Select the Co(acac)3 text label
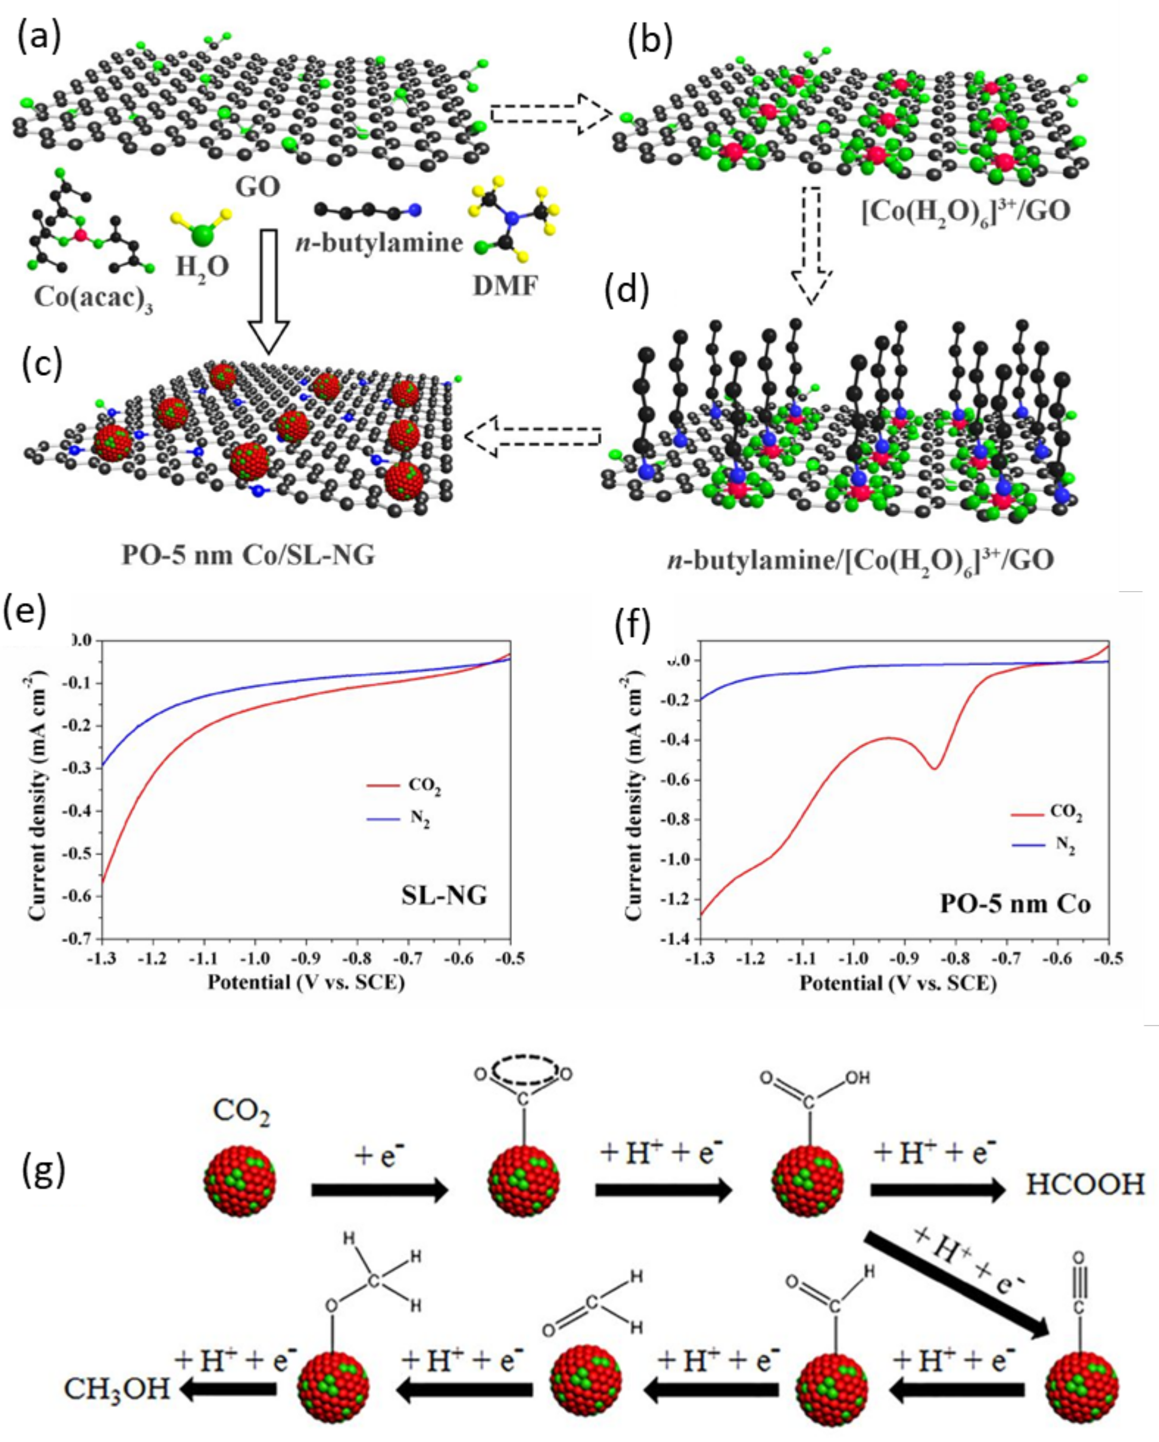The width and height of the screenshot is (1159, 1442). [93, 297]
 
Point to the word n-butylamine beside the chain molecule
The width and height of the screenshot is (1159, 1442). [379, 242]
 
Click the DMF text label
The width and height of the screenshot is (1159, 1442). [506, 286]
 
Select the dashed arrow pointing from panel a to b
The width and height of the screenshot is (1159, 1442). [550, 114]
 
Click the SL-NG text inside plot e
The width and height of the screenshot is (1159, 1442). [444, 895]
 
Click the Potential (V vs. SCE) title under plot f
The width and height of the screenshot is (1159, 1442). [897, 983]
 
